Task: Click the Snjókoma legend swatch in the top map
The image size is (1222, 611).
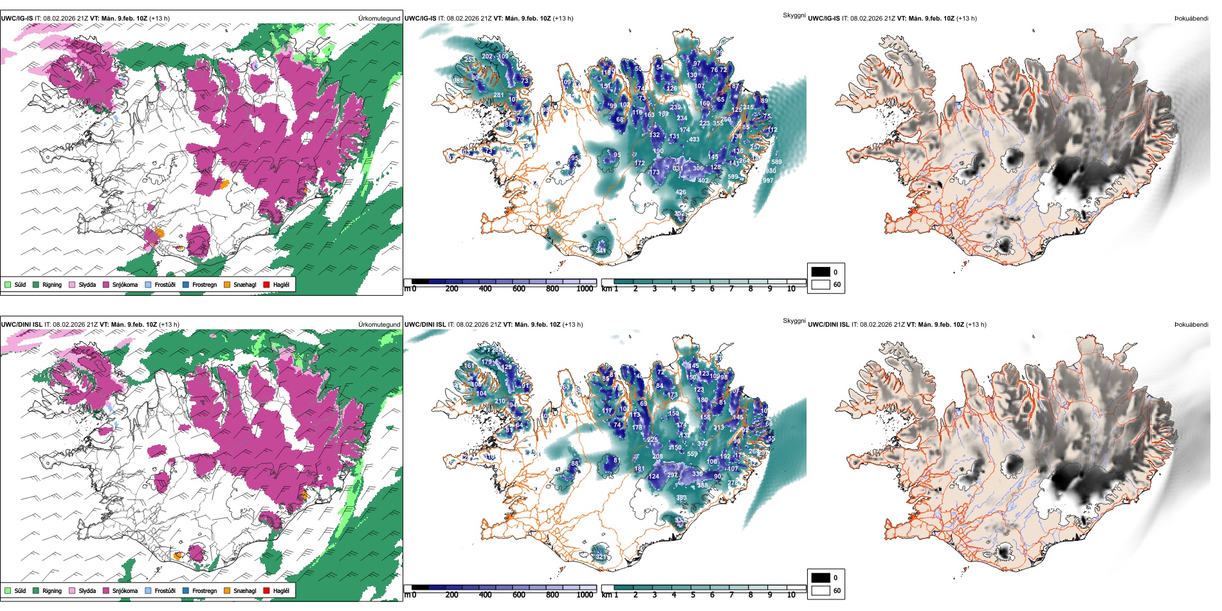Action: [x=106, y=285]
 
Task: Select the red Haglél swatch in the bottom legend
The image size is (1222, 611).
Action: [x=267, y=591]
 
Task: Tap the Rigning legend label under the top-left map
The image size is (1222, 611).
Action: [x=52, y=285]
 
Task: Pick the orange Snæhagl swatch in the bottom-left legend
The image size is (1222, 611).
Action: [x=227, y=591]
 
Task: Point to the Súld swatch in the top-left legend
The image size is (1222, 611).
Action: [x=8, y=285]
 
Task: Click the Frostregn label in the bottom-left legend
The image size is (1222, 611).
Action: [x=205, y=591]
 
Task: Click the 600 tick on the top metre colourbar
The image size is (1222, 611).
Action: [x=519, y=289]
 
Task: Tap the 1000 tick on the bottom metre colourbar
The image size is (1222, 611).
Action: [x=585, y=595]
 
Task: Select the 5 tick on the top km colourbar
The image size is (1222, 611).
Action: [x=693, y=289]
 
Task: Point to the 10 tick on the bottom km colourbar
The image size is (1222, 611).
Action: [x=791, y=595]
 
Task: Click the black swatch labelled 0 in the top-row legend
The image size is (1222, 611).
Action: [x=821, y=272]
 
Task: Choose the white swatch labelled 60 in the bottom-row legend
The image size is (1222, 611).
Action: [x=821, y=590]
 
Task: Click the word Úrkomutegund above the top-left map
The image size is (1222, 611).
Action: [x=379, y=19]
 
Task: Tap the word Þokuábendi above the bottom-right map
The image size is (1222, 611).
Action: [x=1191, y=325]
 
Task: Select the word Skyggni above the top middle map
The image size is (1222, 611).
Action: [x=794, y=15]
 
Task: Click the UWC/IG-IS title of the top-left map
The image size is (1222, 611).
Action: [x=17, y=19]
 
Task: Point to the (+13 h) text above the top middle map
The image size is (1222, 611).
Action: [x=563, y=19]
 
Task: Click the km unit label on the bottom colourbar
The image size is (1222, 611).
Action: [x=606, y=595]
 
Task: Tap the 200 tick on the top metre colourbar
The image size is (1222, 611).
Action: [x=452, y=289]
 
